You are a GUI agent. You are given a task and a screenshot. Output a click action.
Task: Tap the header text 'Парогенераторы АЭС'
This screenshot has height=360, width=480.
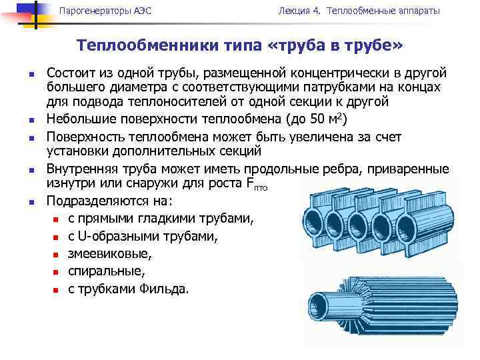[x=97, y=11]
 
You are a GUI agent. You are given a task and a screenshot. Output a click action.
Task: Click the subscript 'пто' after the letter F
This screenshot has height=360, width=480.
[x=261, y=188]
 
